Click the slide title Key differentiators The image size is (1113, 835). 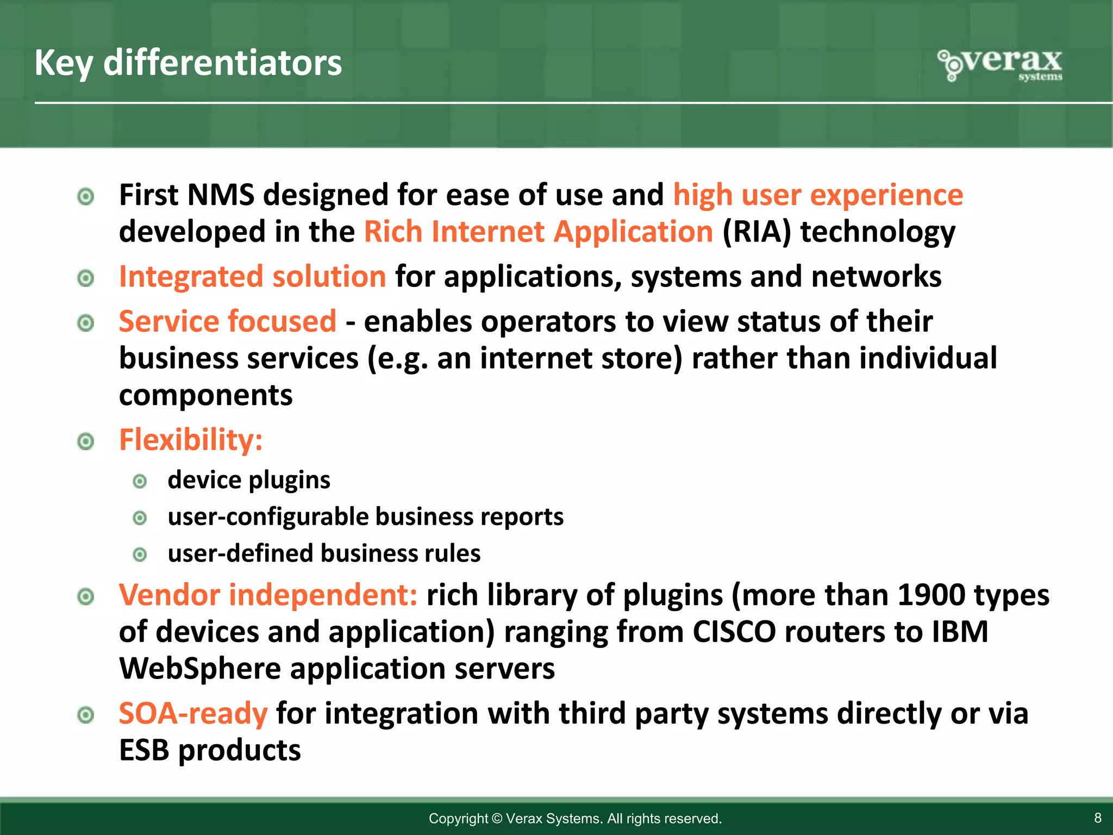point(188,64)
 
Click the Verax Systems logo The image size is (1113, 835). point(1000,65)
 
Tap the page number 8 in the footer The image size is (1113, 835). point(1097,818)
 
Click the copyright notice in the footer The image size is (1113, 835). point(575,818)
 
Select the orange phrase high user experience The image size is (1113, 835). point(818,195)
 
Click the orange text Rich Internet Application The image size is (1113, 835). point(538,232)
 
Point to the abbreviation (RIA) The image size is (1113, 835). point(756,232)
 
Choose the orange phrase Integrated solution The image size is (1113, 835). point(252,277)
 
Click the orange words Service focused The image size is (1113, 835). point(228,321)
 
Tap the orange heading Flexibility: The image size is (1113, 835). point(191,440)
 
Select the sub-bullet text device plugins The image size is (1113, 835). point(249,480)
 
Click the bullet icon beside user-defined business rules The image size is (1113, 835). point(140,554)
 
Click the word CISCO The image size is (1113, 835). point(734,632)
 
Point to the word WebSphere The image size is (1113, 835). point(199,669)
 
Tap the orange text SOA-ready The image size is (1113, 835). point(193,713)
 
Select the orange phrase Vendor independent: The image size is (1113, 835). point(268,595)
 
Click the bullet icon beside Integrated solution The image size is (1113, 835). point(86,278)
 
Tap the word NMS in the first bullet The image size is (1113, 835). point(220,195)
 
